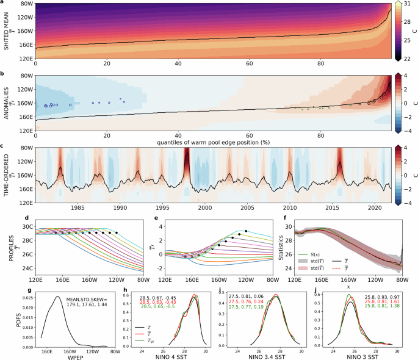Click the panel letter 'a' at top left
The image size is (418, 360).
coord(3,4)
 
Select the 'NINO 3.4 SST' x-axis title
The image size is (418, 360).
coord(269,356)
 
